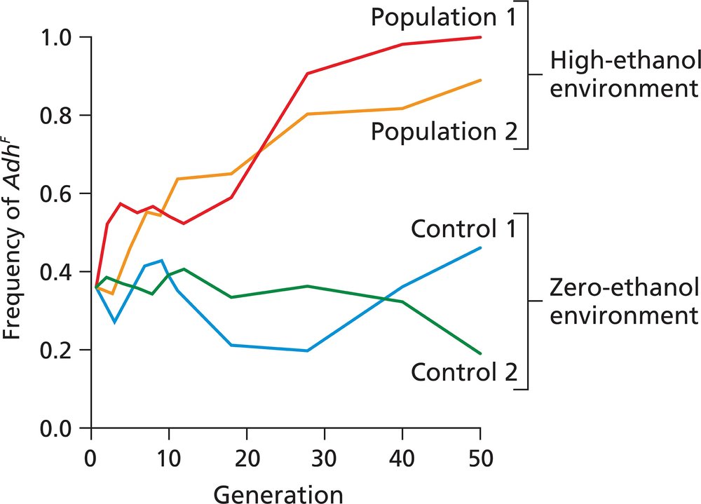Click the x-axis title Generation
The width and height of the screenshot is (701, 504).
278,493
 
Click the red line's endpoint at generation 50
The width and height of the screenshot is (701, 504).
480,37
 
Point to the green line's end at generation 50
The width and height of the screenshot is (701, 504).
480,353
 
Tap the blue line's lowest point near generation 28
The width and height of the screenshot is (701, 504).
307,350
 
